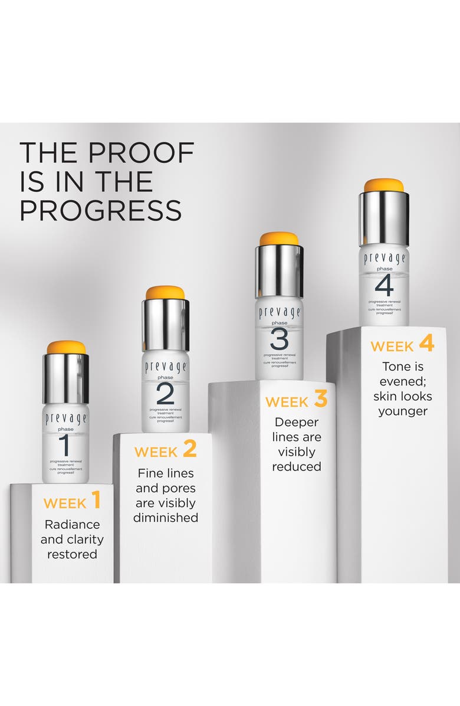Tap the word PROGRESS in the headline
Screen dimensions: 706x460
click(x=100, y=210)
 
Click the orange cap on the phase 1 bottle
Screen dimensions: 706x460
click(x=66, y=347)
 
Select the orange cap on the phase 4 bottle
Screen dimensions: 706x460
click(x=383, y=185)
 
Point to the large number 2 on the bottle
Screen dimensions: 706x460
click(x=165, y=393)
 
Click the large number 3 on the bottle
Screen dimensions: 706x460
click(x=279, y=339)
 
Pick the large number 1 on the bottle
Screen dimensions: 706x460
click(x=66, y=444)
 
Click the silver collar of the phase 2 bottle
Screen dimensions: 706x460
click(x=165, y=325)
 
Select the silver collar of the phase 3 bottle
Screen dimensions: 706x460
click(x=279, y=271)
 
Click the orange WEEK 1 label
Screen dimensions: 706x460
click(x=72, y=502)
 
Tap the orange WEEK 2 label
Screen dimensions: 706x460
click(x=165, y=451)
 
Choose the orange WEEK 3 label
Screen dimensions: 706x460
click(x=296, y=401)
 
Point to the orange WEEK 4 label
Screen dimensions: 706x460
click(x=402, y=345)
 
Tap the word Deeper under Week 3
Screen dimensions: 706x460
click(x=296, y=423)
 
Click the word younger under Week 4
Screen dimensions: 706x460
click(x=402, y=411)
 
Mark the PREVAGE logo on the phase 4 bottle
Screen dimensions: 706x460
click(x=383, y=259)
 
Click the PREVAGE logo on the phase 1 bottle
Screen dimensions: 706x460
click(x=66, y=419)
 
